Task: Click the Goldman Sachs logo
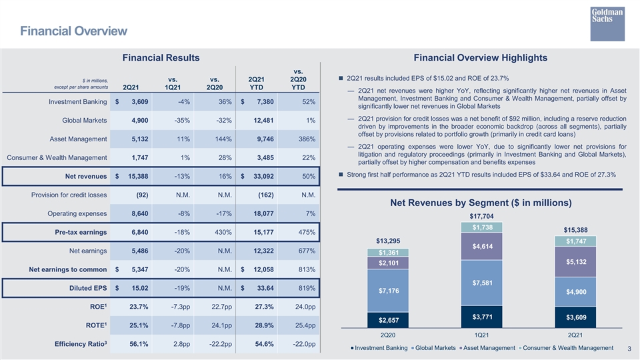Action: click(607, 24)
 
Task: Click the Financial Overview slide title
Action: click(74, 31)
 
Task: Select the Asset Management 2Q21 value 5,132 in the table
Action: click(140, 139)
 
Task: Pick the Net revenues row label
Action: click(86, 176)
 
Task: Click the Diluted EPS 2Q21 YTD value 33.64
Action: click(265, 288)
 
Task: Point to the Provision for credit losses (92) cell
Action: click(142, 195)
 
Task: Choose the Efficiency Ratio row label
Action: click(81, 344)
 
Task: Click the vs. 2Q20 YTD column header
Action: click(299, 79)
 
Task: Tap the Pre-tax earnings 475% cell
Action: click(307, 232)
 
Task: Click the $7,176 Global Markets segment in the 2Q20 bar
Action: click(388, 291)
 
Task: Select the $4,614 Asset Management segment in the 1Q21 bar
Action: click(481, 247)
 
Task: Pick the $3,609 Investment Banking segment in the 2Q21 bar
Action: click(575, 317)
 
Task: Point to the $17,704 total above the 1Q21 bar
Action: click(481, 216)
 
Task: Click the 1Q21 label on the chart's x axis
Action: click(481, 335)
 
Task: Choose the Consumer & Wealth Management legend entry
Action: click(566, 348)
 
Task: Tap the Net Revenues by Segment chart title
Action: click(481, 203)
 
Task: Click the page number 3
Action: click(629, 349)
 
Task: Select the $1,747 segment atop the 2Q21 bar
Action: click(575, 241)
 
